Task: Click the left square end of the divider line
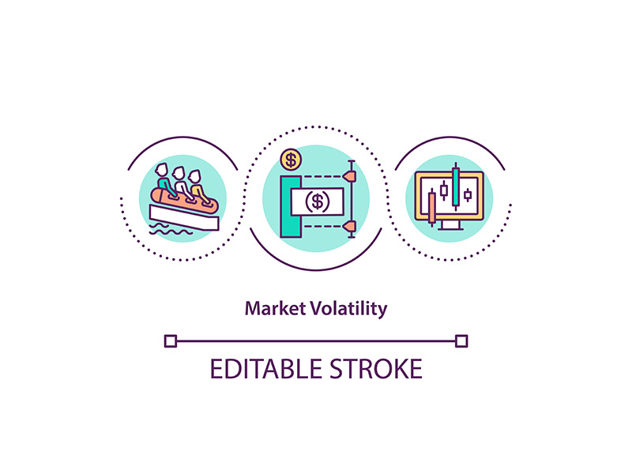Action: coord(170,341)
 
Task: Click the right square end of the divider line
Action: coord(462,341)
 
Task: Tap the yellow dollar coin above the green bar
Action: coord(292,161)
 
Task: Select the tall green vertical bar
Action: coord(290,207)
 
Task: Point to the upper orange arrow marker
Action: coord(351,175)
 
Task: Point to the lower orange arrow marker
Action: coord(351,228)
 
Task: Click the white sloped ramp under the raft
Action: coord(190,216)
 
